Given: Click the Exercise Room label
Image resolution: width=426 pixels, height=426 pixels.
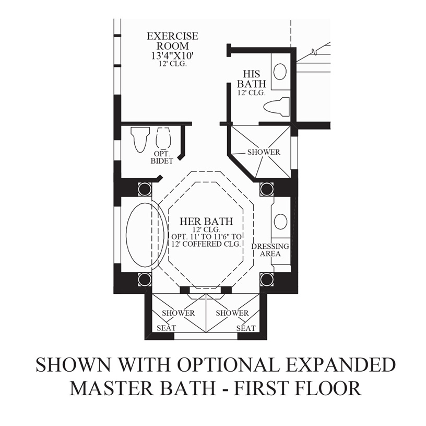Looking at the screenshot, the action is coord(172,41).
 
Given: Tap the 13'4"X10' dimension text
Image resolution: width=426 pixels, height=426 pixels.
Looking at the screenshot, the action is coord(172,56).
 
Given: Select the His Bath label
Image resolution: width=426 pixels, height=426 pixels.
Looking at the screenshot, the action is coord(251,78).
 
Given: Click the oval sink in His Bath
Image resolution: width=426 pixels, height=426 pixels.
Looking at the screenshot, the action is coord(280,72).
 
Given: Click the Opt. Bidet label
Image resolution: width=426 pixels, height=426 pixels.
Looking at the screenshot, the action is coord(162,157).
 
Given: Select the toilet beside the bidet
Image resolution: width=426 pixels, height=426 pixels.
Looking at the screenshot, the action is coord(140,139).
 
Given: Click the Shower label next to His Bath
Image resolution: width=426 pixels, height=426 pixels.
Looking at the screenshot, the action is coord(264,152).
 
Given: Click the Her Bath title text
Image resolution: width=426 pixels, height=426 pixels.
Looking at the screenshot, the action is coord(206,221).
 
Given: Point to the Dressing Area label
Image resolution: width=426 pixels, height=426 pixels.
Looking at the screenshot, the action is coord(270,250).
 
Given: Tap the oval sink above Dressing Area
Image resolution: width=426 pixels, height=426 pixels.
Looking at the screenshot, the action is coord(281,221).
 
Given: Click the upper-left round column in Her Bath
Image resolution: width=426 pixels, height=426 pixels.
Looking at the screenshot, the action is coord(145,189).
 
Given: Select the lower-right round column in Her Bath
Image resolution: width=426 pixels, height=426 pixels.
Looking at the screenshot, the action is coord(267,279).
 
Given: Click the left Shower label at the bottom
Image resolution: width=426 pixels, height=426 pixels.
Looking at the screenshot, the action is coord(178,313).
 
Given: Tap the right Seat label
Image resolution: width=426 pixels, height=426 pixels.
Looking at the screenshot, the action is coord(246,328).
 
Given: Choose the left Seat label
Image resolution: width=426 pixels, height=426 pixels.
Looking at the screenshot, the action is coord(166,328).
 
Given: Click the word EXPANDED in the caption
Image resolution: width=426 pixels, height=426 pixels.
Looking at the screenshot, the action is coord(340,364).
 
